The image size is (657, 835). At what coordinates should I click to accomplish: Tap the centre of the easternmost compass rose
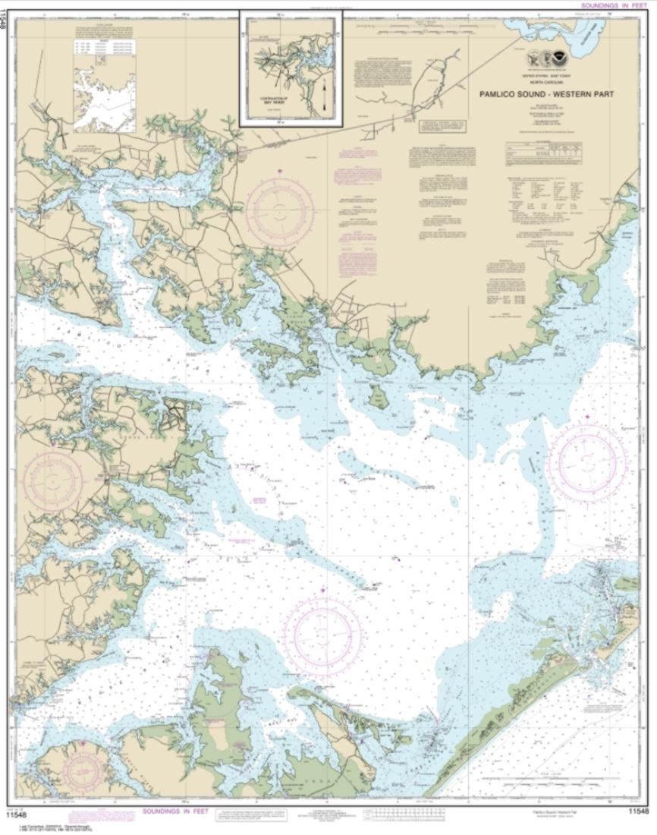589,462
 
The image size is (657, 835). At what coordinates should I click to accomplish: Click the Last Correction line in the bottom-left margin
38,821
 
